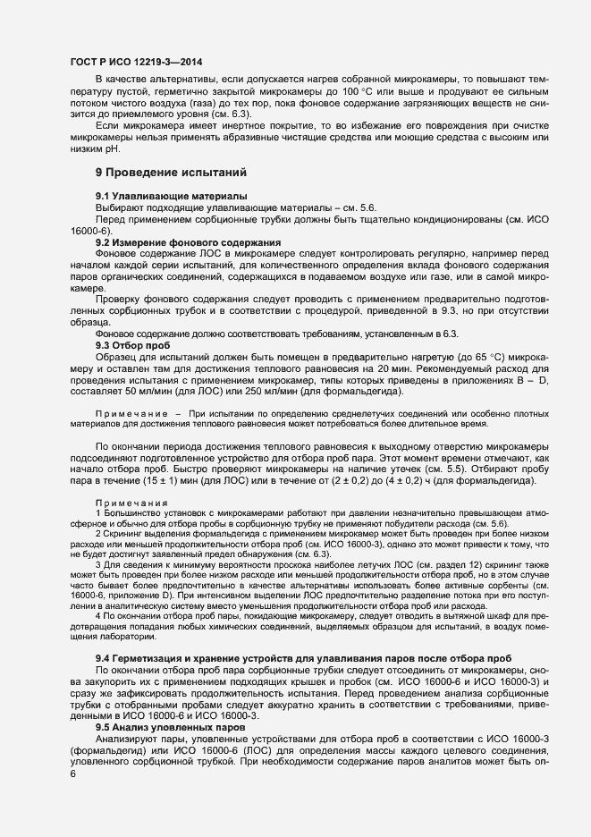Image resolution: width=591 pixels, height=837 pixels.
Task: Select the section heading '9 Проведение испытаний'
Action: click(170, 171)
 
